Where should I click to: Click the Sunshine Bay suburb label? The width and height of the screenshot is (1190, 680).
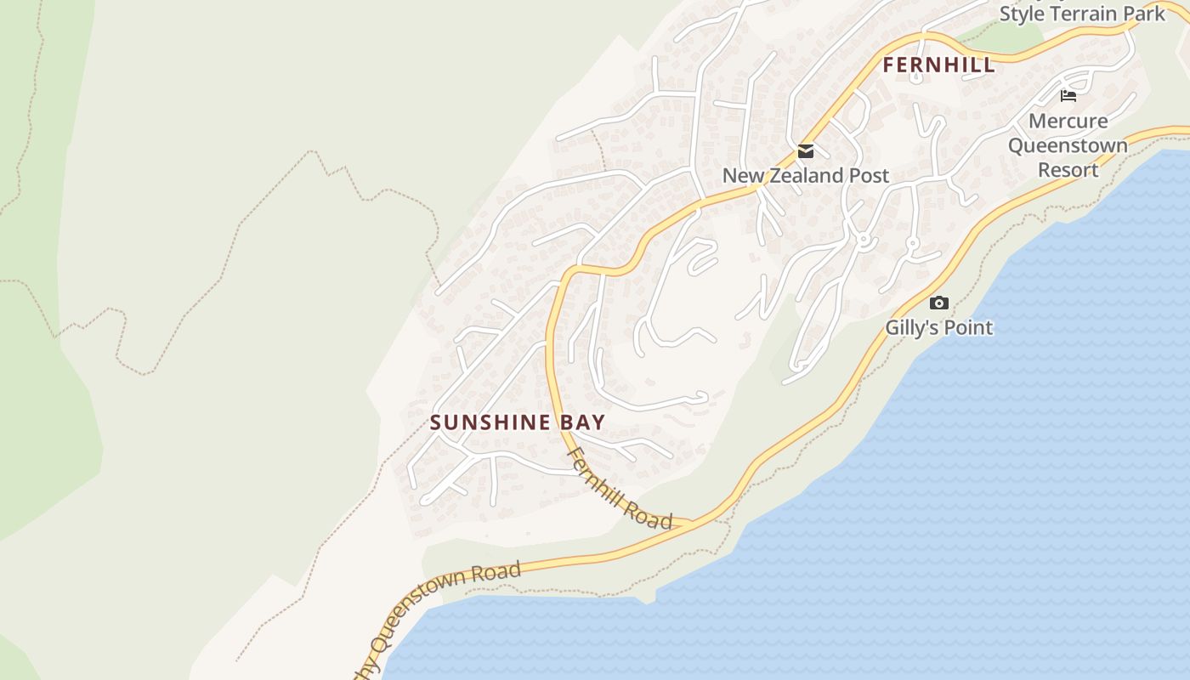(x=517, y=422)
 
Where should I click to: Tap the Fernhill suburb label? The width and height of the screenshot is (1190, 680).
(x=938, y=65)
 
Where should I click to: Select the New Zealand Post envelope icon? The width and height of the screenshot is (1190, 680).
(x=805, y=152)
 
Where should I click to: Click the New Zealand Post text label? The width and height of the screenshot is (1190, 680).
(x=805, y=176)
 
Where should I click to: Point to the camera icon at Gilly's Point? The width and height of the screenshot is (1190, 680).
(x=938, y=303)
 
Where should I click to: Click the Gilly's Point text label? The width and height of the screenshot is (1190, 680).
(x=938, y=327)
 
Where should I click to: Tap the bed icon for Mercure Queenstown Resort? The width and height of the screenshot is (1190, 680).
(x=1068, y=96)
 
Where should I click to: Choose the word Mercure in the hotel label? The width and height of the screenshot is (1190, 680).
(x=1068, y=121)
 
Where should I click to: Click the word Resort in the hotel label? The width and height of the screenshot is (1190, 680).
(x=1068, y=170)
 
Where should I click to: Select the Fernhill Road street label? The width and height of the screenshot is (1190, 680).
(x=620, y=489)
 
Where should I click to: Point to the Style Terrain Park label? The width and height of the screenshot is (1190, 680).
(x=1082, y=14)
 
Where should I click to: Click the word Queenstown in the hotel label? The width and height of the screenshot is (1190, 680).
(x=1068, y=145)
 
